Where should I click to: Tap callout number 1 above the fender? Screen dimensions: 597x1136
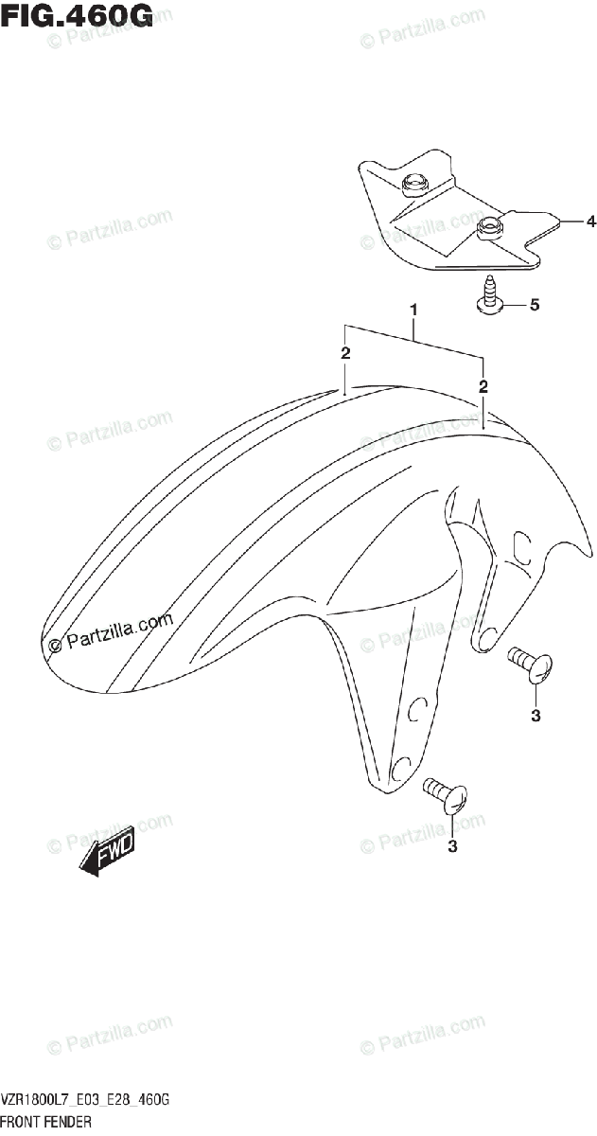pyautogui.click(x=413, y=310)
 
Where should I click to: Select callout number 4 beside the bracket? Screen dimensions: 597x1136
pyautogui.click(x=589, y=222)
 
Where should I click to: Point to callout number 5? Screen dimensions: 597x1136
pyautogui.click(x=534, y=305)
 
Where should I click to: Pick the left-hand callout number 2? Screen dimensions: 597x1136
pyautogui.click(x=346, y=353)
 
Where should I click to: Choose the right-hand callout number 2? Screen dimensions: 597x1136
pyautogui.click(x=483, y=386)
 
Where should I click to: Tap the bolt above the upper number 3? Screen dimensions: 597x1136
pyautogui.click(x=528, y=665)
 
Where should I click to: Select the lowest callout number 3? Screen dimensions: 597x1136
pyautogui.click(x=452, y=846)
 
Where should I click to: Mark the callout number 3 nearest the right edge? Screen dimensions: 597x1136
pyautogui.click(x=536, y=715)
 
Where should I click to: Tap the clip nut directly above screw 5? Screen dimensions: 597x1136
pyautogui.click(x=490, y=227)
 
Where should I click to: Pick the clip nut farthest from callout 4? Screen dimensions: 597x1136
pyautogui.click(x=413, y=185)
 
